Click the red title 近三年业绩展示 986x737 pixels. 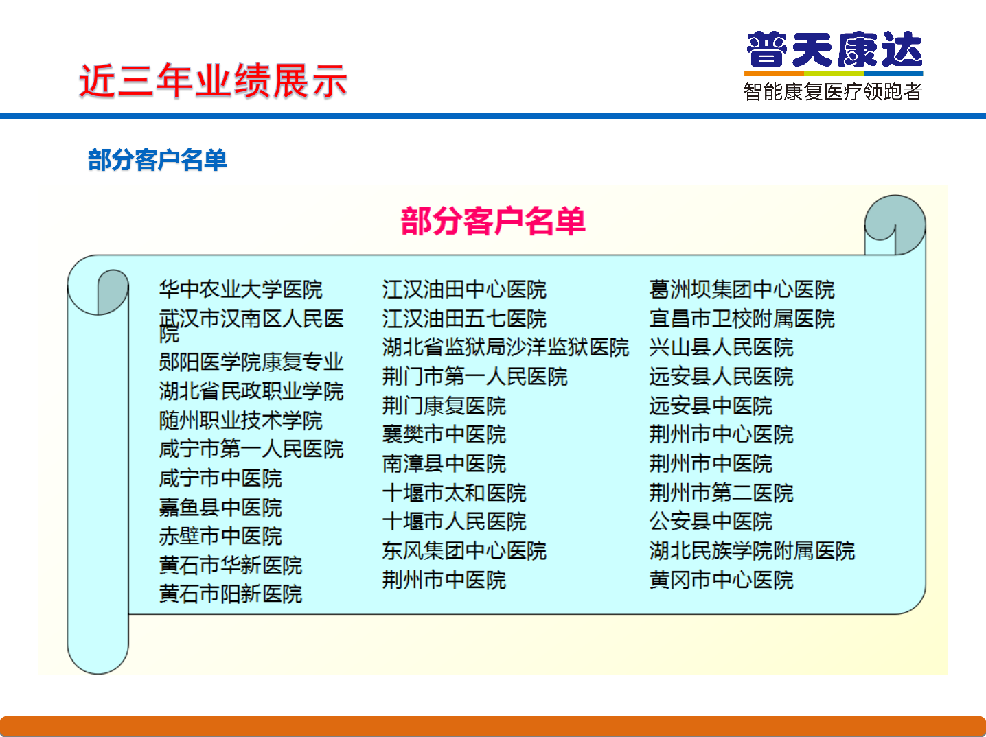[x=213, y=81]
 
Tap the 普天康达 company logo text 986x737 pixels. [x=834, y=49]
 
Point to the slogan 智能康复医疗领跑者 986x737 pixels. [x=834, y=91]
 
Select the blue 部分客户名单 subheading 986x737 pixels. [x=157, y=160]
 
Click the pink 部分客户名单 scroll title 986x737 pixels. [x=493, y=221]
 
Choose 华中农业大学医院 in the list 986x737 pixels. [x=240, y=290]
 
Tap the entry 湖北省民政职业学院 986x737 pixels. [x=251, y=391]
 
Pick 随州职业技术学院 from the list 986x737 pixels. [x=240, y=421]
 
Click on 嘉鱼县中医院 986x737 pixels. [x=220, y=508]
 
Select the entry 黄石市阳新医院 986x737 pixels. [x=231, y=594]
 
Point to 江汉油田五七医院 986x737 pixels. [x=464, y=318]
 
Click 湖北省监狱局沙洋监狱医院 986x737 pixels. [x=505, y=347]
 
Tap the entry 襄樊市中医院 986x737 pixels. [x=444, y=434]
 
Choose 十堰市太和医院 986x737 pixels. [x=454, y=493]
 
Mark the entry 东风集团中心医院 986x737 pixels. [x=464, y=551]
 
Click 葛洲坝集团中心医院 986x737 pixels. [x=742, y=290]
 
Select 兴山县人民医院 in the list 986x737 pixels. [x=721, y=347]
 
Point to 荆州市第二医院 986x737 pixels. [x=721, y=493]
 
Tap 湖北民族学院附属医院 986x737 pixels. [x=752, y=551]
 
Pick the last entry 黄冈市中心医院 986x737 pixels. [x=721, y=580]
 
